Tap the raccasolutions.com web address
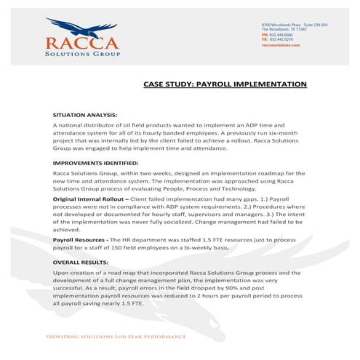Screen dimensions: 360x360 click(281, 44)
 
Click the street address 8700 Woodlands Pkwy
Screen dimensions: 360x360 click(279, 25)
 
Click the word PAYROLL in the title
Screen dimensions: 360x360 click(219, 84)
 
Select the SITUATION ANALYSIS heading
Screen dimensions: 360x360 click(84, 116)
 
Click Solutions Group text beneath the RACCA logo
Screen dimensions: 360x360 click(81, 53)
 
